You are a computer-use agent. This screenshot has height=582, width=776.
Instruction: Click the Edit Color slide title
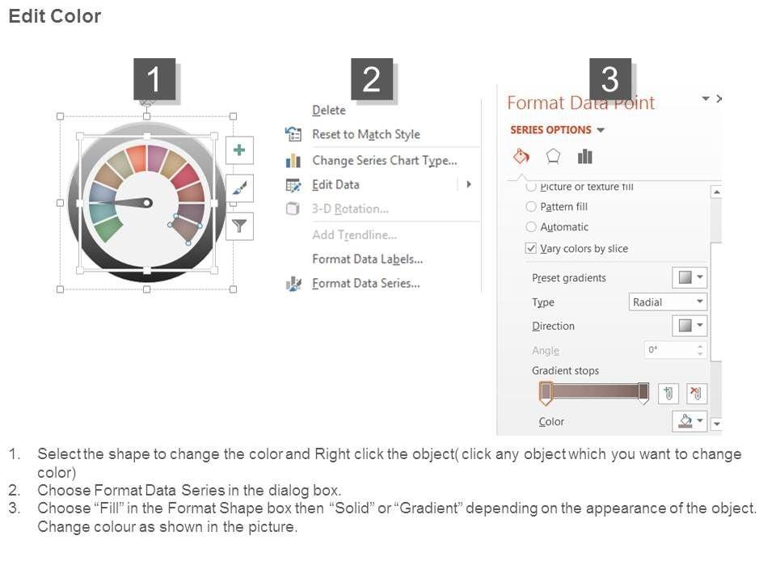click(54, 16)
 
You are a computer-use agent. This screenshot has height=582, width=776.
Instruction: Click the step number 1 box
click(154, 79)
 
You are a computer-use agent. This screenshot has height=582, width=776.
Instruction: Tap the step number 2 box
click(372, 79)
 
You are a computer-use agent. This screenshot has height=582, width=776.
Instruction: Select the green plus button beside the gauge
click(239, 150)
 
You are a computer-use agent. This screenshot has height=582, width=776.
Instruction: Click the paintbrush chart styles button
click(239, 188)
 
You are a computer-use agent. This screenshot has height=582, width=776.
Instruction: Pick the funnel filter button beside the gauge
click(239, 226)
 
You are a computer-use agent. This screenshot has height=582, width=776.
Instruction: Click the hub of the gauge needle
click(147, 203)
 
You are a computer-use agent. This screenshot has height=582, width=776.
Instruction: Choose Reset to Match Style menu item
click(365, 134)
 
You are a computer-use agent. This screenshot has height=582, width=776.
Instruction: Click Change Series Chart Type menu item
click(385, 160)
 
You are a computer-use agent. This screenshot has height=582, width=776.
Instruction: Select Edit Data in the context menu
click(335, 184)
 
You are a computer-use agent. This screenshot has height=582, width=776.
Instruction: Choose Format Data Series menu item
click(365, 283)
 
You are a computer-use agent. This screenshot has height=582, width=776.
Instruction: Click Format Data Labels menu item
click(367, 259)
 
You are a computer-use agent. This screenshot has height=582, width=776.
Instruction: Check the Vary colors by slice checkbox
click(531, 248)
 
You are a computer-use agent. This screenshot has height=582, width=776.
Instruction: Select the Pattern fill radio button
click(531, 206)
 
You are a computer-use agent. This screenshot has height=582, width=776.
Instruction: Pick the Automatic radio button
click(531, 226)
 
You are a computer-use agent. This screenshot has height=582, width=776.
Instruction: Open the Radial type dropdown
click(668, 302)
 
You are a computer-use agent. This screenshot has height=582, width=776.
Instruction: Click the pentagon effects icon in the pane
click(553, 156)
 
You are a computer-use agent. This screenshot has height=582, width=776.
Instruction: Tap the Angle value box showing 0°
click(675, 350)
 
